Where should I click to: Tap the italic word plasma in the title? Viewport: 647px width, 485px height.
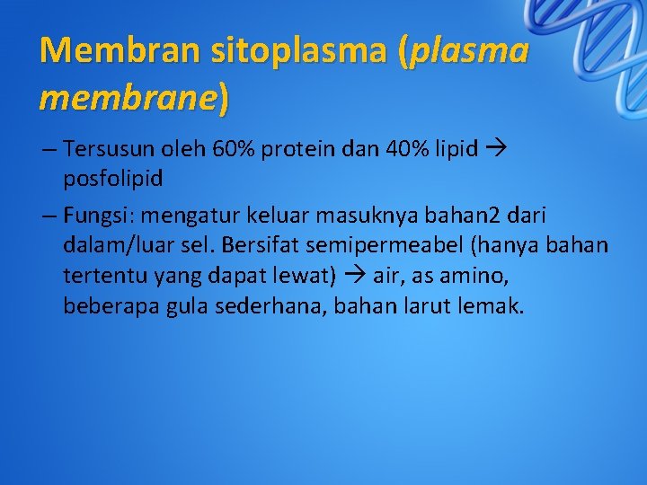[x=468, y=50]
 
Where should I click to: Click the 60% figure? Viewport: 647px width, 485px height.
[x=236, y=149]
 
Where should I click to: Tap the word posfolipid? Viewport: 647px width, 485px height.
[x=113, y=178]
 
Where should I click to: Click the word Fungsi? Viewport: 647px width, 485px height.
[x=96, y=216]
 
